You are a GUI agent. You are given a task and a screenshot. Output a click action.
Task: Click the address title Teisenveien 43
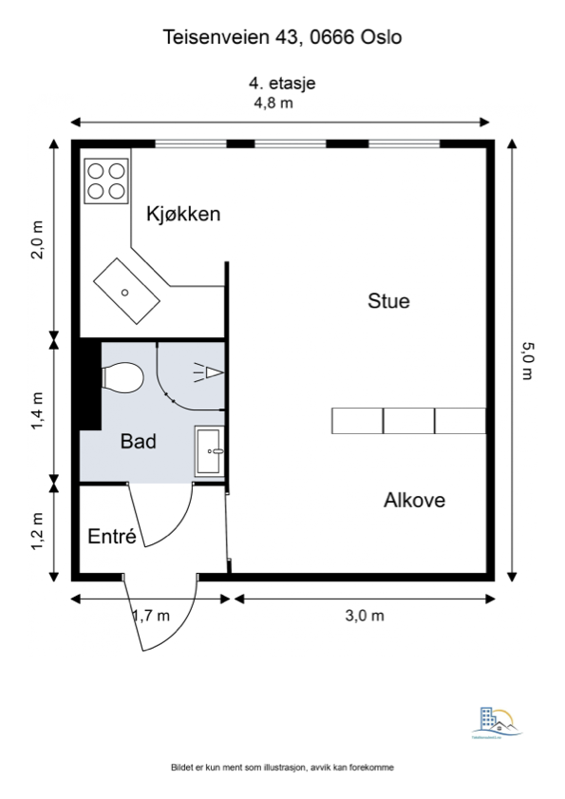point(283,38)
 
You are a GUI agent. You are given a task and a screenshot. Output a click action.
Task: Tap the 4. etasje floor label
point(282,83)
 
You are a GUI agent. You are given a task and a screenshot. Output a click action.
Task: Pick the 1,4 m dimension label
point(37,410)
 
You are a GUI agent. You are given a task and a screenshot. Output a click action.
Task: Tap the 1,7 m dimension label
point(150,615)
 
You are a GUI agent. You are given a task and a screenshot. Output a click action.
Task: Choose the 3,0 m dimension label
point(364,615)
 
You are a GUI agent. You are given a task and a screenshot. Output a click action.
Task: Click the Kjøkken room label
point(183,214)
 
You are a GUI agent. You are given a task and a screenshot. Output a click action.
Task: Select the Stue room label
point(388,302)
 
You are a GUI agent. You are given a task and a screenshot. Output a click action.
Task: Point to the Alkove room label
point(414,500)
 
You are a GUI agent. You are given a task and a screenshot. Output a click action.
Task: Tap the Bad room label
point(138,442)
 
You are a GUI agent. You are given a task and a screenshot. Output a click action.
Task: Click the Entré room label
point(112,537)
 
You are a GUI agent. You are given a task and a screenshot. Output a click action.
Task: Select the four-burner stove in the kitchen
point(105,181)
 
